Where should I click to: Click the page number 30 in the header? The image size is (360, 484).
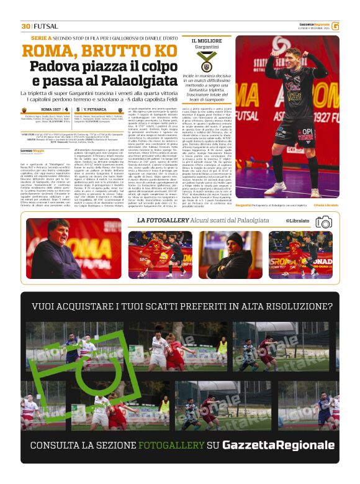[x=25, y=26]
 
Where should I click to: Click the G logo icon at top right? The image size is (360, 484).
[x=335, y=26]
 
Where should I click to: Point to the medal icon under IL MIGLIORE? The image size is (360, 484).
[x=205, y=61]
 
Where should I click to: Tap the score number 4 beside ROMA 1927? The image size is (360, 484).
[x=66, y=110]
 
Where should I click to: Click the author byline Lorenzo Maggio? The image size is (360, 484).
[x=30, y=151]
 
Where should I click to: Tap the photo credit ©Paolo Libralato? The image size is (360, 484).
[x=325, y=205]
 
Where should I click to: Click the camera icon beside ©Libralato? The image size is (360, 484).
[x=323, y=221]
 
